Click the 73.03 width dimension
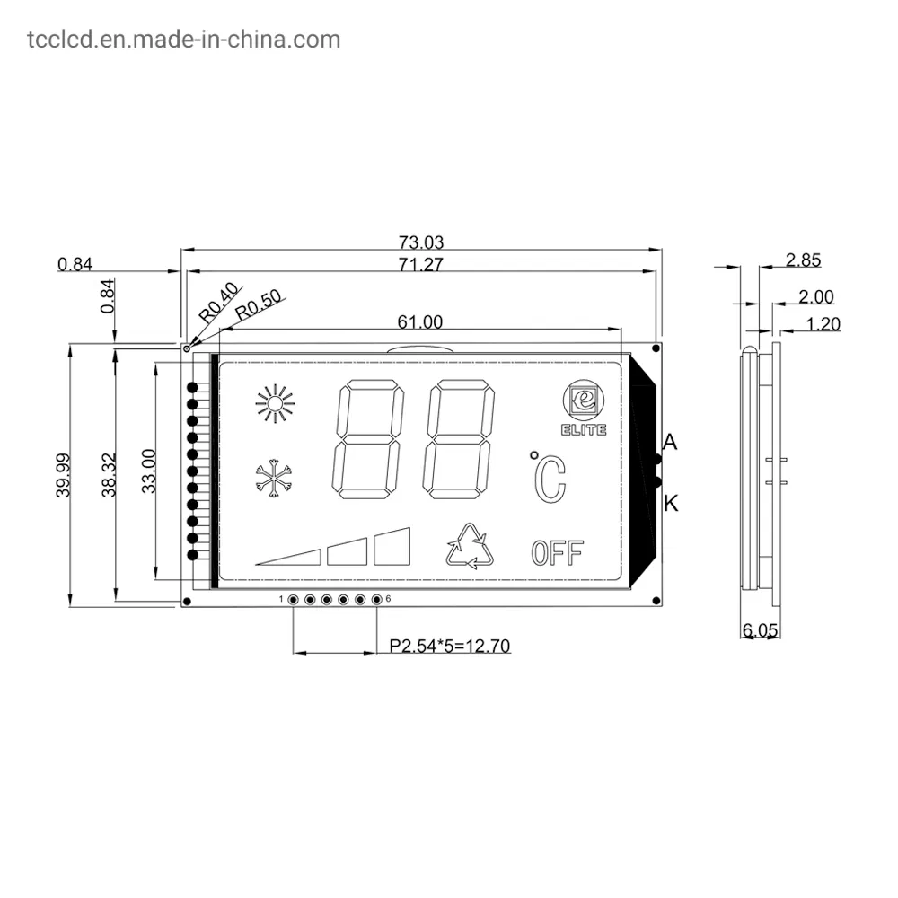(x=421, y=242)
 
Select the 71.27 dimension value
(x=421, y=264)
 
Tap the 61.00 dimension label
(x=419, y=321)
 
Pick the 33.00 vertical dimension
(x=150, y=470)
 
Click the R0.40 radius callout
(x=218, y=302)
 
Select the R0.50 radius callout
(x=259, y=307)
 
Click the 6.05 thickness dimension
(x=760, y=630)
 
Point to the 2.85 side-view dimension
(x=803, y=260)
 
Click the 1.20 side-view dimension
(x=823, y=323)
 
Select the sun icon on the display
(x=275, y=404)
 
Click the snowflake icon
(x=275, y=480)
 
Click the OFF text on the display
(x=557, y=552)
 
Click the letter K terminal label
(x=671, y=504)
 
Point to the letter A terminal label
(x=670, y=442)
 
